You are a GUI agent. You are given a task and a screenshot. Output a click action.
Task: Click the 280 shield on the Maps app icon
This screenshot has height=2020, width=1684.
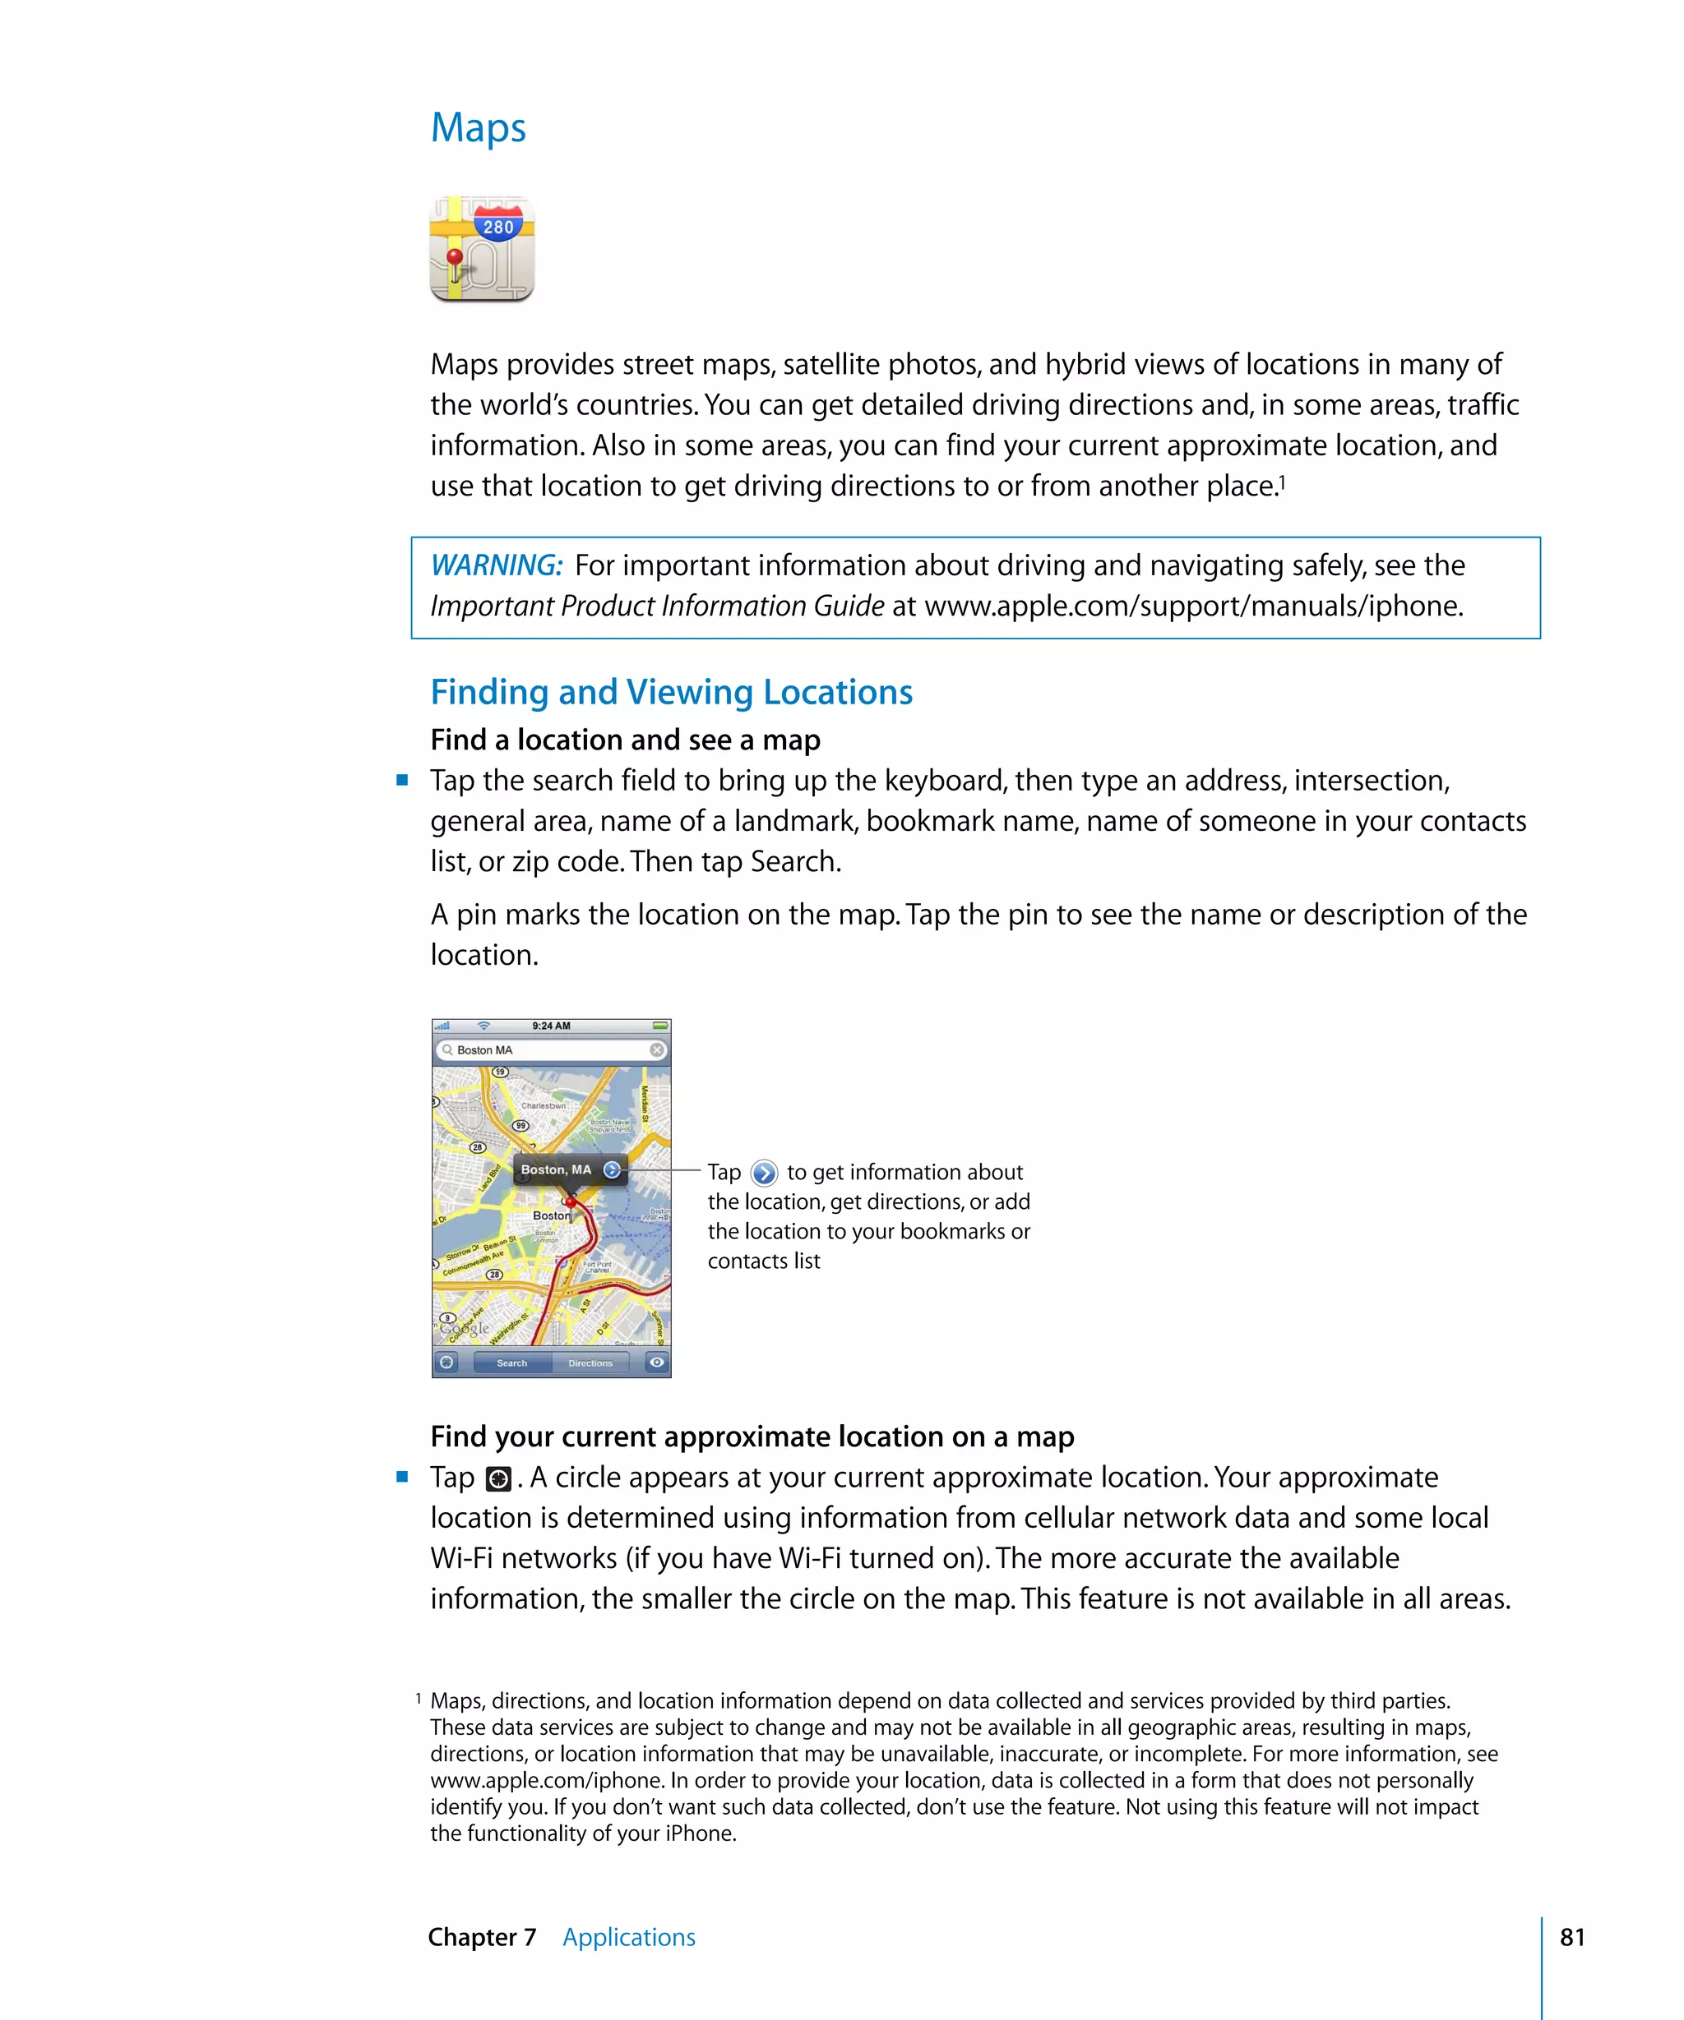498,227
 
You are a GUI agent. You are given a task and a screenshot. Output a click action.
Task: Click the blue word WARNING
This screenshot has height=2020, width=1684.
496,565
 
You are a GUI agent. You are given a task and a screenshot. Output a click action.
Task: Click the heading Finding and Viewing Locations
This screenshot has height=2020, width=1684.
671,693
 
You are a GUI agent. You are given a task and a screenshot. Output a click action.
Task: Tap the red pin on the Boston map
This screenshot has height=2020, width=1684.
571,1202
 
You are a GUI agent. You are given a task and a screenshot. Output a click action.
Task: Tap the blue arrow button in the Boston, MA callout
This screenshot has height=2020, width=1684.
612,1169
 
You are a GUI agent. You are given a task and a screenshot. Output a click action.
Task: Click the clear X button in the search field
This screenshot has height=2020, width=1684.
656,1049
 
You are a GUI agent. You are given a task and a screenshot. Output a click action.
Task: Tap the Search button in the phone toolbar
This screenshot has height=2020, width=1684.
512,1363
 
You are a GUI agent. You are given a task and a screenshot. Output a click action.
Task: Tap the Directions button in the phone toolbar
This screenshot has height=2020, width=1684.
590,1363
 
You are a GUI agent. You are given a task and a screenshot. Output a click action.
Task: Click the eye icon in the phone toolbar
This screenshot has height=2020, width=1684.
656,1362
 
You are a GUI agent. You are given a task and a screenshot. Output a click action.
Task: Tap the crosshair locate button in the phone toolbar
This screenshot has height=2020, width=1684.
446,1362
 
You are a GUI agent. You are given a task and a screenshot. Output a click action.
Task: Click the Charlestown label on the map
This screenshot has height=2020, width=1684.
544,1105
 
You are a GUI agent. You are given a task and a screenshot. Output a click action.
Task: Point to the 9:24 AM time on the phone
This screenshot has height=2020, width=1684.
552,1026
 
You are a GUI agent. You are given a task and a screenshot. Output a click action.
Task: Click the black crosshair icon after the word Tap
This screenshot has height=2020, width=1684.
497,1478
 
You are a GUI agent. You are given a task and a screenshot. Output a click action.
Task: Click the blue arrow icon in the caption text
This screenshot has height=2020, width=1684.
764,1174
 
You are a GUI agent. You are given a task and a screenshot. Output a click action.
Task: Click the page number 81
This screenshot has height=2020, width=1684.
1572,1937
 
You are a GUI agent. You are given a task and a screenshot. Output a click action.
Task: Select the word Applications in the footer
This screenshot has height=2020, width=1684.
628,1937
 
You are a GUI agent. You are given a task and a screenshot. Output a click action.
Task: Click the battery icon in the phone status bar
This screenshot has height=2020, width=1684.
660,1026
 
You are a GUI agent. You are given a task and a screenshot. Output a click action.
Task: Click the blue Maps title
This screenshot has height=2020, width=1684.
479,128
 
